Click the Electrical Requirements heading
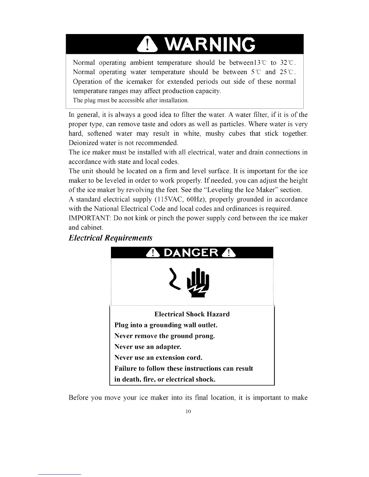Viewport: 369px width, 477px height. (110, 238)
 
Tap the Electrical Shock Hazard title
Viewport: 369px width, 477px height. (192, 314)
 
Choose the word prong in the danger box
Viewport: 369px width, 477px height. (204, 336)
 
